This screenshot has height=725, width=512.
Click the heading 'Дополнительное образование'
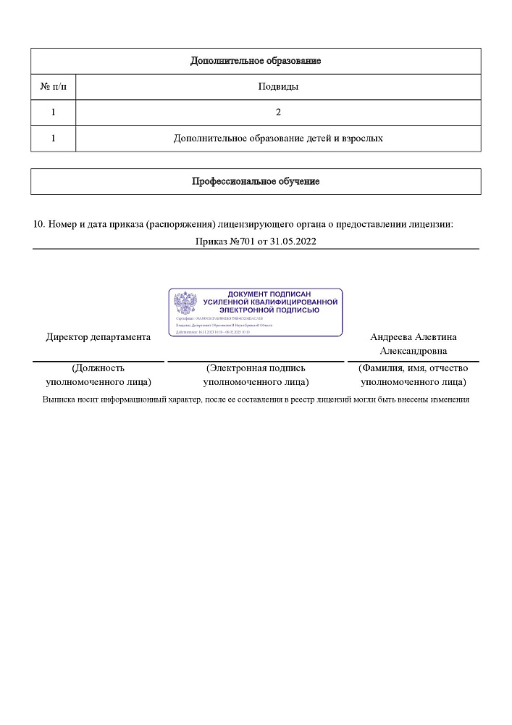256,61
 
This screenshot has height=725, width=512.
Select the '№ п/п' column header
53,87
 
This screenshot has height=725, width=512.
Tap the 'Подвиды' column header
278,87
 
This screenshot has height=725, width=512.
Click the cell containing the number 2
278,112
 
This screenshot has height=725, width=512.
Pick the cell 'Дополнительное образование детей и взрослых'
278,138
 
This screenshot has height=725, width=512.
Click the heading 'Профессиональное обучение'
256,181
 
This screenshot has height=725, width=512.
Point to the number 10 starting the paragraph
39,225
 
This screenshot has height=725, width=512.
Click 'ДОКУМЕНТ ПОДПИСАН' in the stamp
269,294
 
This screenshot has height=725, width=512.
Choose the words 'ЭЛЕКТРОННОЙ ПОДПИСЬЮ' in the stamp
269,310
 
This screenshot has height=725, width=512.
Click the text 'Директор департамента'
98,337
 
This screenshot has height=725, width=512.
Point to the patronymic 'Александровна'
414,351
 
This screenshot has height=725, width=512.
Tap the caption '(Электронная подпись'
256,368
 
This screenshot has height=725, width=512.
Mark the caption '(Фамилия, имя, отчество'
414,368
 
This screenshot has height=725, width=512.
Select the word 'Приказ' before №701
210,241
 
